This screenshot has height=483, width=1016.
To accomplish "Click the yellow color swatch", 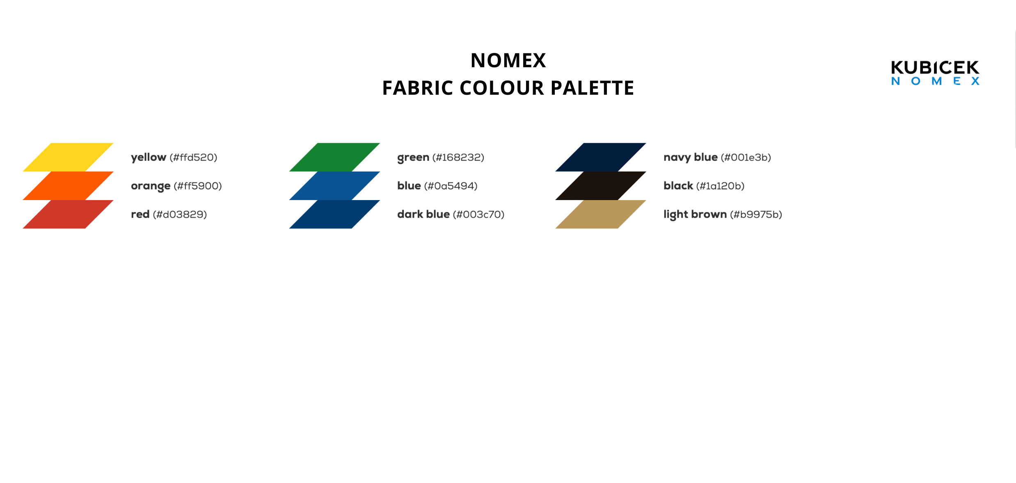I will coord(68,157).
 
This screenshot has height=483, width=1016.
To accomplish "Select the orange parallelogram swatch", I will coord(68,185).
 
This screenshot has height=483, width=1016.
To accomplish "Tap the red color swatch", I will coord(68,214).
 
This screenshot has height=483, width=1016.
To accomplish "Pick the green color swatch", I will coord(334,157).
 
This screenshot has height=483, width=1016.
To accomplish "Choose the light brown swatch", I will coord(601,214).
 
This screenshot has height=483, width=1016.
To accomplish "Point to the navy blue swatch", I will coord(601,157).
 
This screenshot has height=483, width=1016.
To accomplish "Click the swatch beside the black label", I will coord(601,185).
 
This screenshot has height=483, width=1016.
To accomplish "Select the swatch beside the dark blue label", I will coord(334,214).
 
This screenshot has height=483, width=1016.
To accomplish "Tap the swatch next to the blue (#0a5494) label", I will coord(334,185).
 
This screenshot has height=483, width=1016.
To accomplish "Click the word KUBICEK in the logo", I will coord(935,67).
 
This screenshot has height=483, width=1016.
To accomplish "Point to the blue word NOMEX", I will coord(935,81).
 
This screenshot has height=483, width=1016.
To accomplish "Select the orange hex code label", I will coord(198,186).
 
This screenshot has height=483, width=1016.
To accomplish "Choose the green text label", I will coord(413,157).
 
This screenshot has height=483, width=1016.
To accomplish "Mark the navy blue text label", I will coord(691,157).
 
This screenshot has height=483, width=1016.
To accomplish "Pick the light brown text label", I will coord(695,214).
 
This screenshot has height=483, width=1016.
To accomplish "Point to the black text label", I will coord(678,186).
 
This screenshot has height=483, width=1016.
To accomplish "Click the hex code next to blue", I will coord(451,186).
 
